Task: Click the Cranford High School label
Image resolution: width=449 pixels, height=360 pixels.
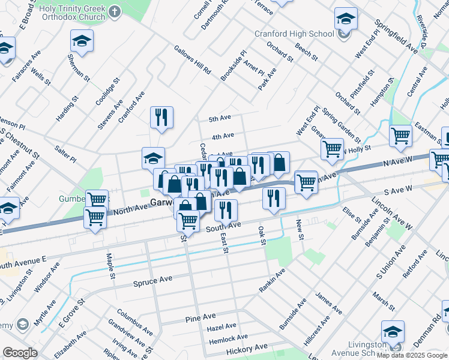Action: pos(294,34)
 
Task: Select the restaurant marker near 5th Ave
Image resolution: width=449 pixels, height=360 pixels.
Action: pos(161,118)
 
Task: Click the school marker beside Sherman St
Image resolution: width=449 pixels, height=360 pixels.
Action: pos(82,42)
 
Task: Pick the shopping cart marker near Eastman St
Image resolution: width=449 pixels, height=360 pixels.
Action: pos(400,135)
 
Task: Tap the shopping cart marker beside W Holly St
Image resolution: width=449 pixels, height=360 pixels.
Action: pos(332,149)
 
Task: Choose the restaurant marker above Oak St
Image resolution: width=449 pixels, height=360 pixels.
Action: pos(274,199)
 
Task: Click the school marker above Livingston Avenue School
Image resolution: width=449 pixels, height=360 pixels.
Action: pos(393,332)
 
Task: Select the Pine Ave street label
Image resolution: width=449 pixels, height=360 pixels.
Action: pos(200,317)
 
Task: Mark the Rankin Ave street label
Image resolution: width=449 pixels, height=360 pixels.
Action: pos(272,281)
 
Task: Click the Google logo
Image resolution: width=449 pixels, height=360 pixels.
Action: pos(20,353)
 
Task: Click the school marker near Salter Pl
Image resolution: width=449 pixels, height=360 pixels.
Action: pos(153,159)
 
